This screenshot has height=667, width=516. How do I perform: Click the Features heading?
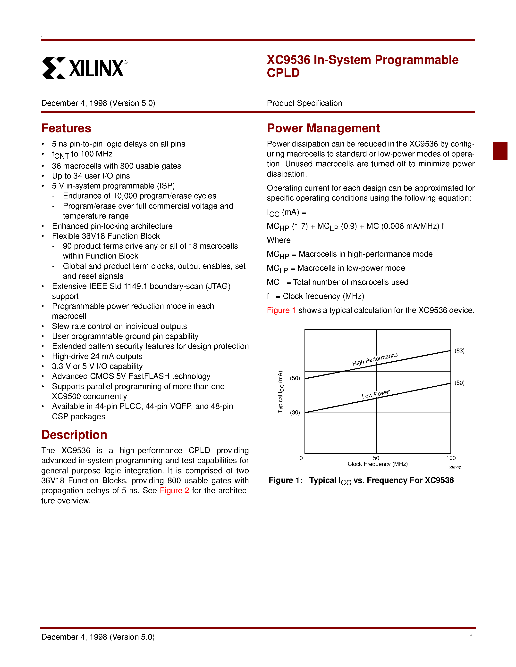[x=66, y=128]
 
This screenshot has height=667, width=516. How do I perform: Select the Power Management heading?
[x=323, y=128]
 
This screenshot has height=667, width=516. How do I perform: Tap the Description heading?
[x=74, y=435]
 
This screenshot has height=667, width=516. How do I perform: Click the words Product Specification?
[x=305, y=103]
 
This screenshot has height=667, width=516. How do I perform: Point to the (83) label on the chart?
[x=459, y=351]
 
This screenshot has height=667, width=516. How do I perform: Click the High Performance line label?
[x=375, y=359]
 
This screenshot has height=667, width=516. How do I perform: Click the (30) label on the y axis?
[x=295, y=412]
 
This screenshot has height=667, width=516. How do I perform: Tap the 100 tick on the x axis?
[x=451, y=458]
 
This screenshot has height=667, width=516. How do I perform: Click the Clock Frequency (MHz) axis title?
[x=378, y=464]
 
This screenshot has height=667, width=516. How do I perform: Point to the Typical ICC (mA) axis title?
[x=281, y=392]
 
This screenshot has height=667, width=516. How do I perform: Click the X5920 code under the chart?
[x=455, y=468]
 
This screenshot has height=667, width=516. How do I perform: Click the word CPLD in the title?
[x=283, y=73]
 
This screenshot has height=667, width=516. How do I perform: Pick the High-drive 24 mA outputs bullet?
[x=97, y=356]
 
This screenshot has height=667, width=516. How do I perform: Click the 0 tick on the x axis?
[x=301, y=458]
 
